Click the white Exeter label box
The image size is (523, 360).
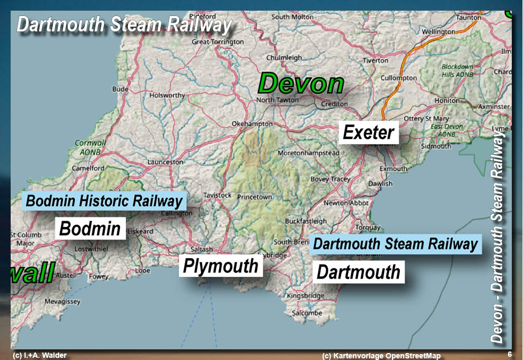pyautogui.click(x=368, y=132)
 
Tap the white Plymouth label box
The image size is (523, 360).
pyautogui.click(x=220, y=266)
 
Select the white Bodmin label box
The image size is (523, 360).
pyautogui.click(x=90, y=228)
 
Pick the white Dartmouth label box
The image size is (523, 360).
pyautogui.click(x=358, y=272)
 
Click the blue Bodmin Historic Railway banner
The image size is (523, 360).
pyautogui.click(x=104, y=201)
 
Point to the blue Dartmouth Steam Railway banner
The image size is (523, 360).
pyautogui.click(x=395, y=244)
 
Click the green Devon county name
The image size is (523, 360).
pyautogui.click(x=301, y=84)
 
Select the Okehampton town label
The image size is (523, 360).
pyautogui.click(x=252, y=124)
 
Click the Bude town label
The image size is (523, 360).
pyautogui.click(x=120, y=89)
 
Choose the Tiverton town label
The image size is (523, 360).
pyautogui.click(x=376, y=61)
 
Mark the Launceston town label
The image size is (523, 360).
pyautogui.click(x=165, y=162)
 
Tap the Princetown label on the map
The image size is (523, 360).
pyautogui.click(x=254, y=197)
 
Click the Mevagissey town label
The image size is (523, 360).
pyautogui.click(x=62, y=301)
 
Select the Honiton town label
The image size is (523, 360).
pyautogui.click(x=447, y=101)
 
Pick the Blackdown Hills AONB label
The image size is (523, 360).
pyautogui.click(x=457, y=71)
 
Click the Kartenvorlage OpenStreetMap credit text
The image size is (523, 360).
pyautogui.click(x=382, y=356)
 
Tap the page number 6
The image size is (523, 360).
pyautogui.click(x=510, y=355)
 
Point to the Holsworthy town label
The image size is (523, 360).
pyautogui.click(x=167, y=96)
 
